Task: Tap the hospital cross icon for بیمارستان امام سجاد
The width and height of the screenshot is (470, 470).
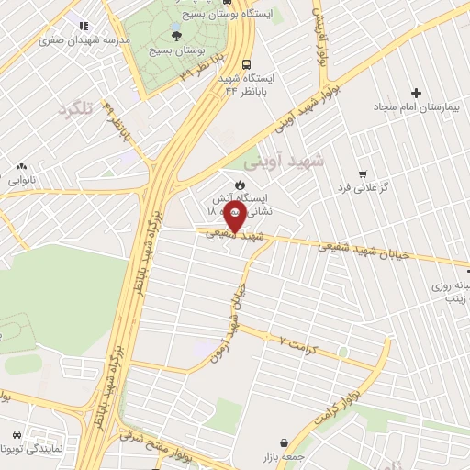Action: coord(417,93)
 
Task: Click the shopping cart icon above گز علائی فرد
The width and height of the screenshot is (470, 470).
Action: coord(362,173)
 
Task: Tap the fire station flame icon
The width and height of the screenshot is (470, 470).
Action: coord(241,184)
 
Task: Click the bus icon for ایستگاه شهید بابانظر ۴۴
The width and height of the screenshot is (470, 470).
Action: coord(246,64)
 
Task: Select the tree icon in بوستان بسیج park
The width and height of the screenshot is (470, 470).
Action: coord(176,34)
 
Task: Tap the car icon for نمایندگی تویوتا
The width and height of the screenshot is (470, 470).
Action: coord(17,433)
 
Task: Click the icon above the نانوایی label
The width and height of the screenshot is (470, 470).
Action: coord(20,166)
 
